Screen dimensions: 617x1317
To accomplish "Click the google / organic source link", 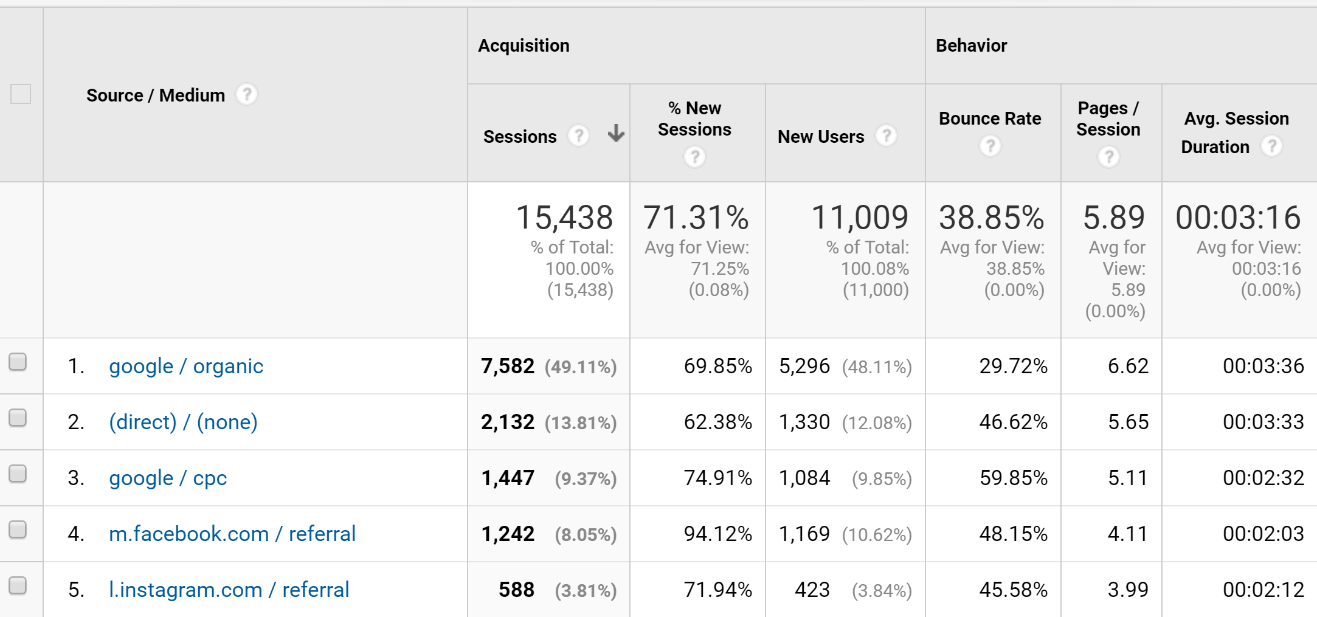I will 185,366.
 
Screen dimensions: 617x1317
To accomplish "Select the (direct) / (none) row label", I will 183,422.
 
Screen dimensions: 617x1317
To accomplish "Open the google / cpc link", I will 168,478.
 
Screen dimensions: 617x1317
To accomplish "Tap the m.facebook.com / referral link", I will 232,534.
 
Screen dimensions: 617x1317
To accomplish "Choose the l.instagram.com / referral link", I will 229,590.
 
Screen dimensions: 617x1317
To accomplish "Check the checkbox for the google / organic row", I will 18,362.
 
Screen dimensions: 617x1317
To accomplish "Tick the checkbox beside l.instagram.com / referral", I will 18,585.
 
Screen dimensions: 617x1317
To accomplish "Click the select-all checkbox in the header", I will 21,94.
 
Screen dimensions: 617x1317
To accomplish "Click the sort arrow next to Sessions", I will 616,133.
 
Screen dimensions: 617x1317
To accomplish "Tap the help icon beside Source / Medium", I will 247,94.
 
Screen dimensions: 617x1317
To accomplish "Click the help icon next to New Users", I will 887,136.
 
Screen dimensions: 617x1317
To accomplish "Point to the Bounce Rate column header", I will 990,119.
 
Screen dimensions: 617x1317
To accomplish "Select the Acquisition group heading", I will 524,46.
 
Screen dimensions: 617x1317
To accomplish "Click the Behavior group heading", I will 971,46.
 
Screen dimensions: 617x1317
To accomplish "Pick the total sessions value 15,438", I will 564,218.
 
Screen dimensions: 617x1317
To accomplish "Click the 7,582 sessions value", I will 507,366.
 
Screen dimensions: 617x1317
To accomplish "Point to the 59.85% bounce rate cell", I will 1013,478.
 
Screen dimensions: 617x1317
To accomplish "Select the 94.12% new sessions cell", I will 717,534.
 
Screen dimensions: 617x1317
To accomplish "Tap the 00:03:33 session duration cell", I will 1263,422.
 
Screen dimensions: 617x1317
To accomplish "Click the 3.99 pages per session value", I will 1128,590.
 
